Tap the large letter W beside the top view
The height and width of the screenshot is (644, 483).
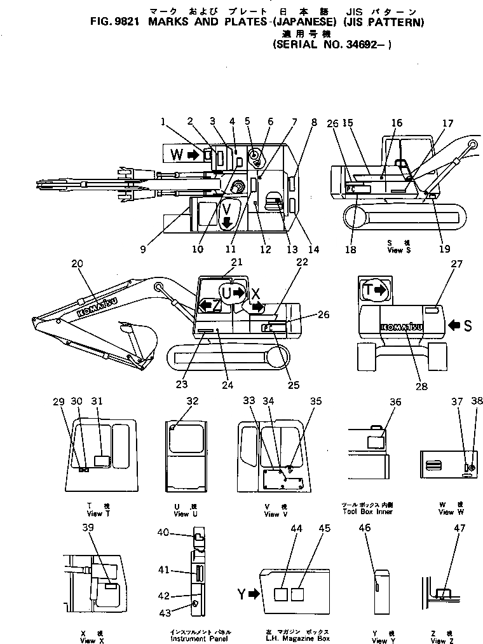[x=175, y=153]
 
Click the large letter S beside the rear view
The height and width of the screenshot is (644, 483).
[x=467, y=326]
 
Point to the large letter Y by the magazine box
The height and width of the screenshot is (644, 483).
[x=241, y=595]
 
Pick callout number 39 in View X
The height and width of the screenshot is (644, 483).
[x=88, y=527]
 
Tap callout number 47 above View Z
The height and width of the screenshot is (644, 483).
[x=459, y=528]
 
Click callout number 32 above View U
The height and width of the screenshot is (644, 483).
[x=192, y=401]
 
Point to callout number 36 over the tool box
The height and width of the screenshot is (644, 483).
[x=396, y=402]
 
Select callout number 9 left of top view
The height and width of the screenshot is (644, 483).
[x=144, y=249]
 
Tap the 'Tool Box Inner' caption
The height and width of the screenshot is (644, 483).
[x=367, y=512]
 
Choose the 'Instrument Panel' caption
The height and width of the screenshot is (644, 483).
[x=196, y=638]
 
